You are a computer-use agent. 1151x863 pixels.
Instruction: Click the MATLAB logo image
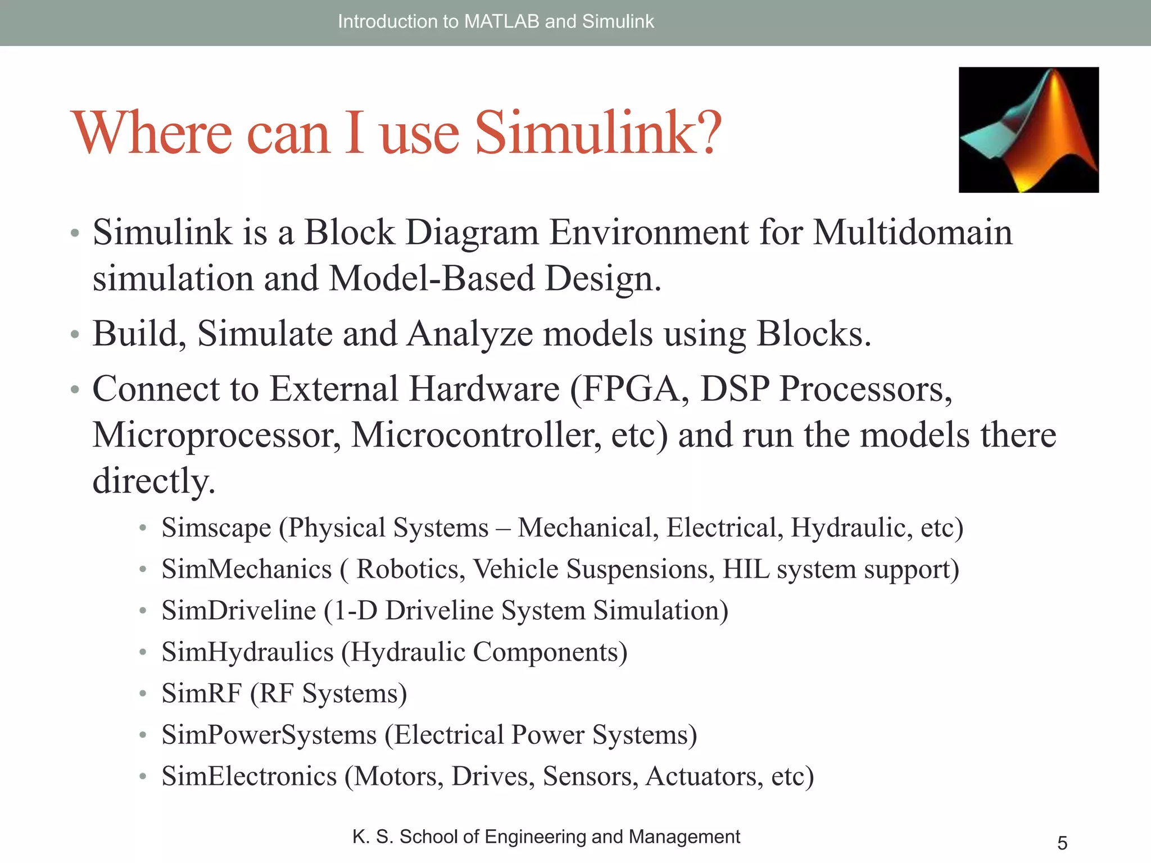[x=1028, y=130]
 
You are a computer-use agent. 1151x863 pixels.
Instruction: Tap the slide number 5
[x=1062, y=843]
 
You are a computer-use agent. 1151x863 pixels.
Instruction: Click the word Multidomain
[x=912, y=232]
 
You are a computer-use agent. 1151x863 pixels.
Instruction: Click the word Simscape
[x=216, y=528]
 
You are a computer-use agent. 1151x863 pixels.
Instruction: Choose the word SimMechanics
[x=247, y=569]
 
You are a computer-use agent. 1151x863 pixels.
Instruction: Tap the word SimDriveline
[x=239, y=611]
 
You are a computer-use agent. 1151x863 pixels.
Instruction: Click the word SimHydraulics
[x=247, y=652]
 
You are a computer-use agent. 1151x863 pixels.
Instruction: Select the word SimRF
[x=202, y=693]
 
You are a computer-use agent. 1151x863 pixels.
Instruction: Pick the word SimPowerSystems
[x=269, y=735]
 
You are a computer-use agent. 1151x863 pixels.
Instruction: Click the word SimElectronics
[x=249, y=776]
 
